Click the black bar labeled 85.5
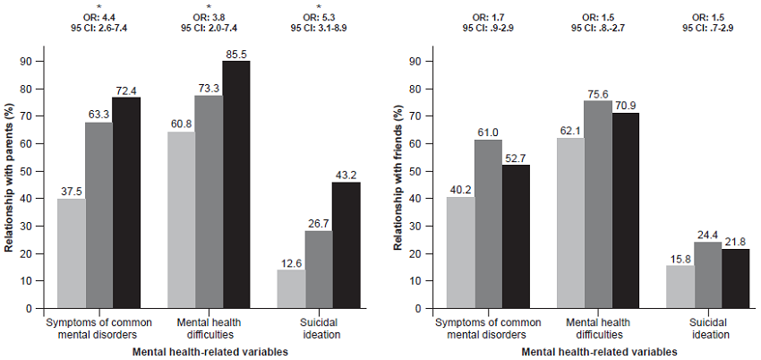tap(236, 184)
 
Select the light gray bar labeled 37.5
tap(71, 253)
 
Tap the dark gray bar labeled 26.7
tap(319, 270)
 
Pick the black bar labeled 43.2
tap(346, 245)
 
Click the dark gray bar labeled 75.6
tap(597, 204)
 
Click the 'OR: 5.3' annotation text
tap(320, 17)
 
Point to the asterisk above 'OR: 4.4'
tap(98, 6)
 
